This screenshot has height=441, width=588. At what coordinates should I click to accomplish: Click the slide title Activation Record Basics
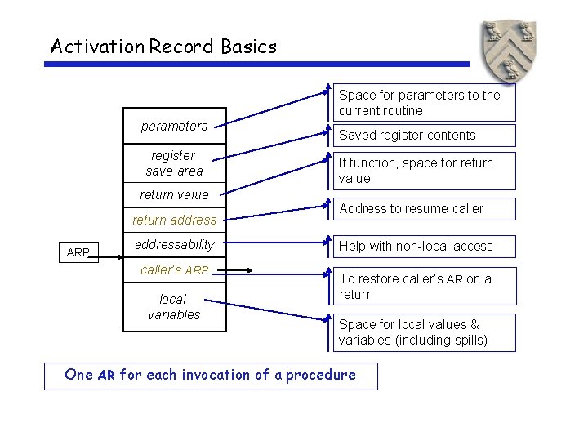[x=163, y=47]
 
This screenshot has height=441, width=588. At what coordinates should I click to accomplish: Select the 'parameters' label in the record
[x=174, y=126]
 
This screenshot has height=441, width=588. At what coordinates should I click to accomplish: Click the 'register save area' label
[x=174, y=163]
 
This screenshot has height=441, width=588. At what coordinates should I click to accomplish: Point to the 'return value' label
[x=174, y=194]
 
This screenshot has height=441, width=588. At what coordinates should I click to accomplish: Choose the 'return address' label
[x=174, y=220]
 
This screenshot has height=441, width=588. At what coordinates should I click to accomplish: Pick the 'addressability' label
[x=174, y=244]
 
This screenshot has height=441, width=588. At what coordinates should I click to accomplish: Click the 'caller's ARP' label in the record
[x=174, y=269]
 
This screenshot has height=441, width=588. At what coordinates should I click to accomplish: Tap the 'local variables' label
[x=174, y=307]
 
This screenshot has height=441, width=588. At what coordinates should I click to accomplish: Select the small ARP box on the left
[x=78, y=252]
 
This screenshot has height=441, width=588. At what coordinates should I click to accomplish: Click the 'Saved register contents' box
[x=424, y=136]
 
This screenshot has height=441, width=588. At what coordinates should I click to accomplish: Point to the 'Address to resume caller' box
[x=424, y=209]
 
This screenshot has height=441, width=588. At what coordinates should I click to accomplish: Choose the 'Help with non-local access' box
[x=424, y=246]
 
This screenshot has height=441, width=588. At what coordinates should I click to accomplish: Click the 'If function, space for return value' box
[x=424, y=171]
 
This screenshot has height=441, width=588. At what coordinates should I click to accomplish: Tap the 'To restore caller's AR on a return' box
[x=424, y=286]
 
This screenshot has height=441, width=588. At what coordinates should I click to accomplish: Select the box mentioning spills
[x=424, y=332]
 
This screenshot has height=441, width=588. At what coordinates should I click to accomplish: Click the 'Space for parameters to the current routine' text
[x=419, y=103]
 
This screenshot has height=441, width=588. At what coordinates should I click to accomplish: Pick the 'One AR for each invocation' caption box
[x=211, y=376]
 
